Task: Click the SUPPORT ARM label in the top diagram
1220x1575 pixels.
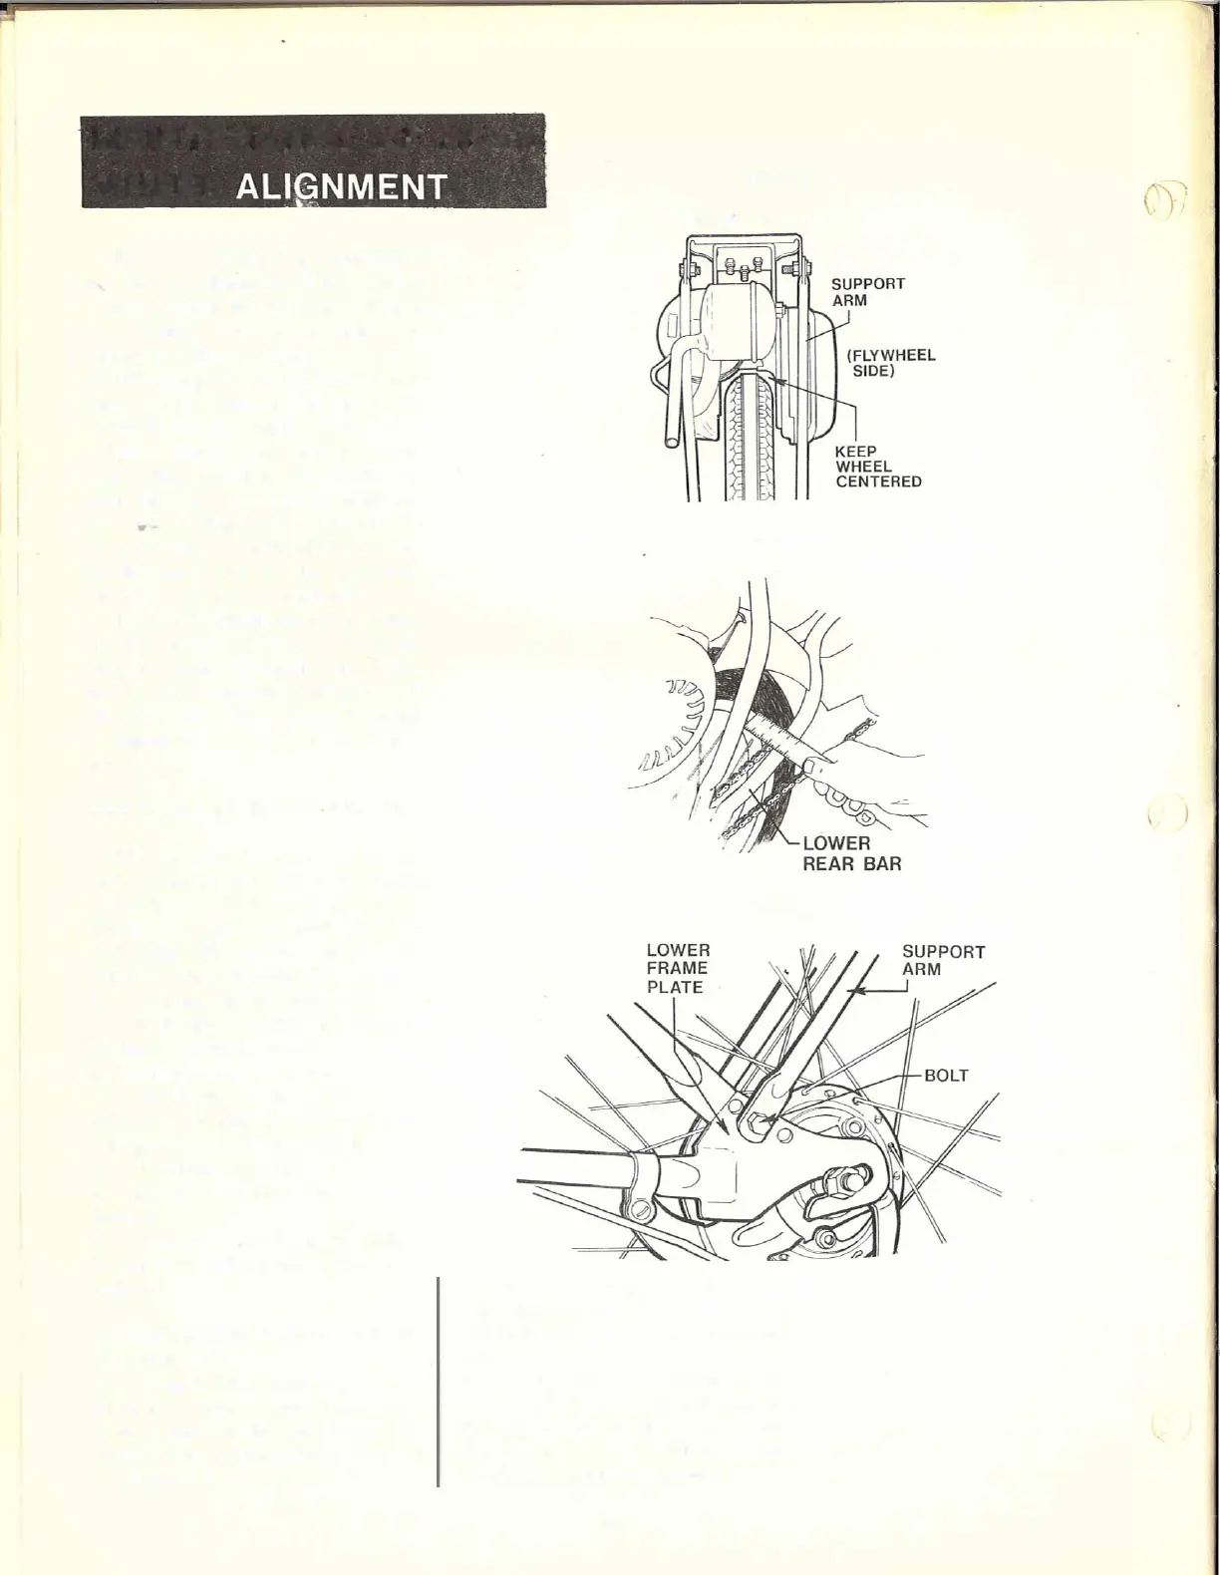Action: (868, 292)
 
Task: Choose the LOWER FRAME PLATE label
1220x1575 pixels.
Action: (677, 968)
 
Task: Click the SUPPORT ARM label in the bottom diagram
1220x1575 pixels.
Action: (943, 960)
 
